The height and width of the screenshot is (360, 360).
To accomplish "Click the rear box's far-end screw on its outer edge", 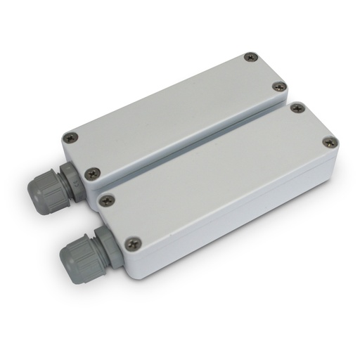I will click(248, 58).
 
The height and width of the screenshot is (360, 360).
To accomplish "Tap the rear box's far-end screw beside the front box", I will click(279, 87).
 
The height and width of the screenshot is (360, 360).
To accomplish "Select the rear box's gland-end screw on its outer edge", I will click(68, 138).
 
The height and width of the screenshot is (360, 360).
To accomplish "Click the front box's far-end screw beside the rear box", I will click(297, 108).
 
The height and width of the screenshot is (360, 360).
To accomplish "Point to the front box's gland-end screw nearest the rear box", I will click(106, 200).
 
